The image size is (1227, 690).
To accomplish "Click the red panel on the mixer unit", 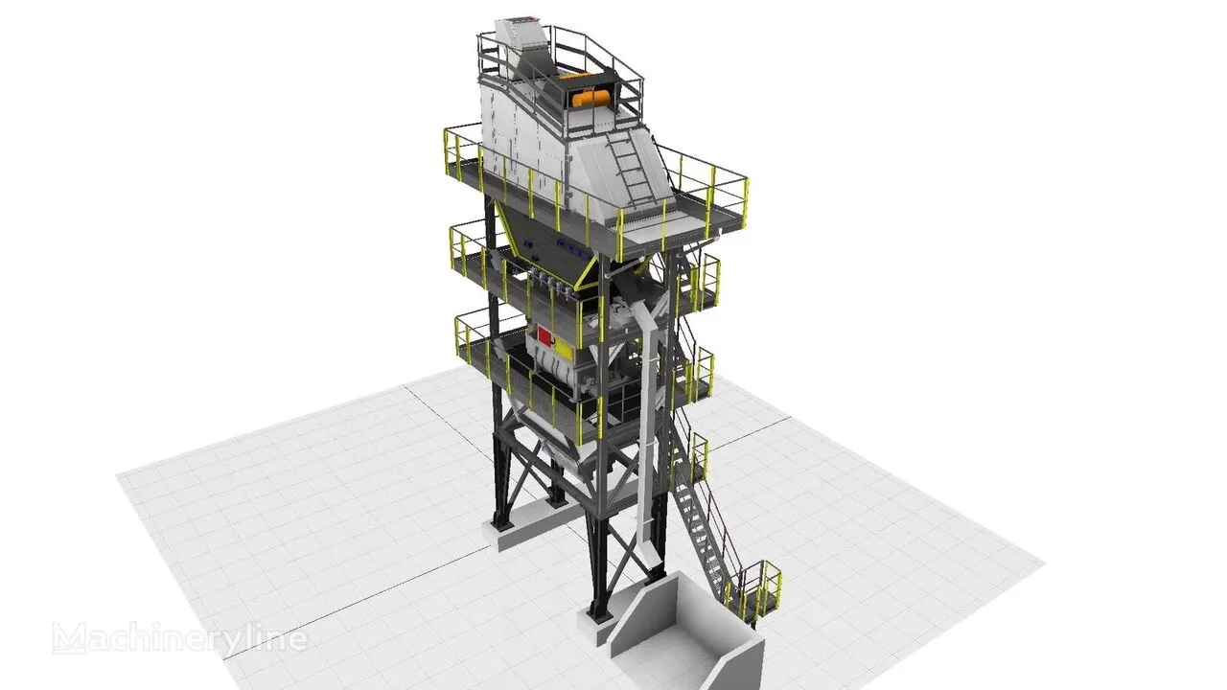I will click(545, 336).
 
